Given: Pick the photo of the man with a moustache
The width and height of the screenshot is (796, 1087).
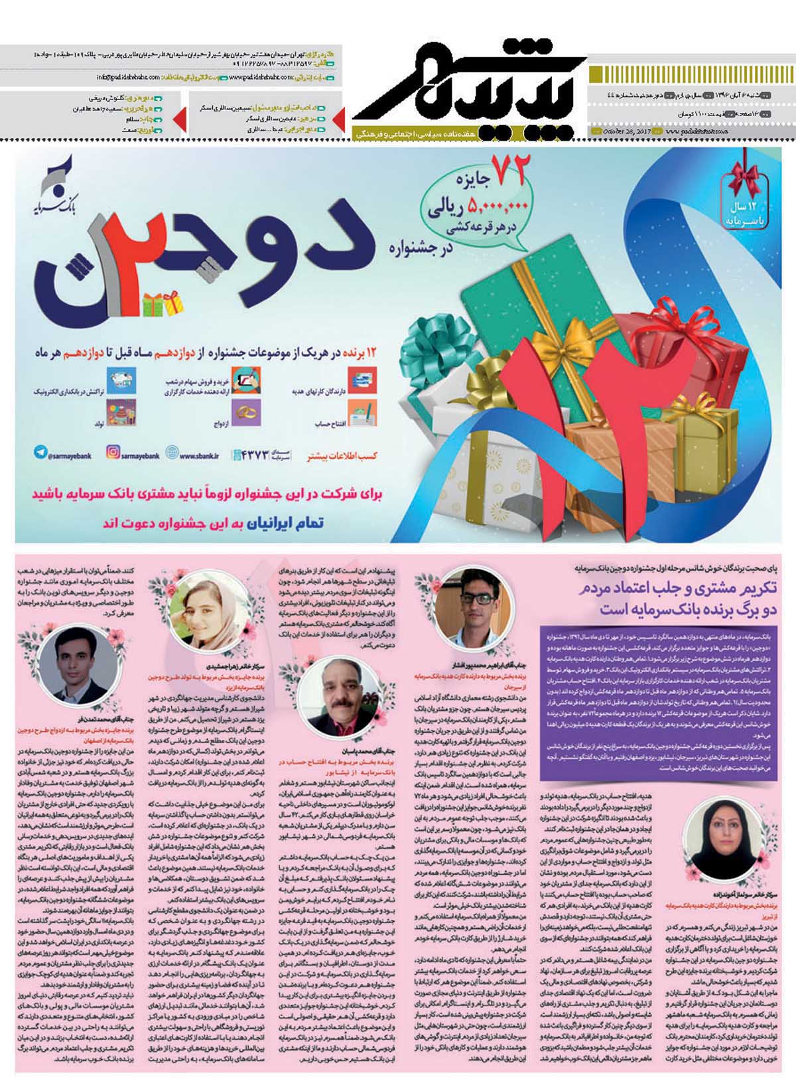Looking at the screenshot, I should coord(339,690).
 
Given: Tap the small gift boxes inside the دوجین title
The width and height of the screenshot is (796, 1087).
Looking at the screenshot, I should coord(164,305).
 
